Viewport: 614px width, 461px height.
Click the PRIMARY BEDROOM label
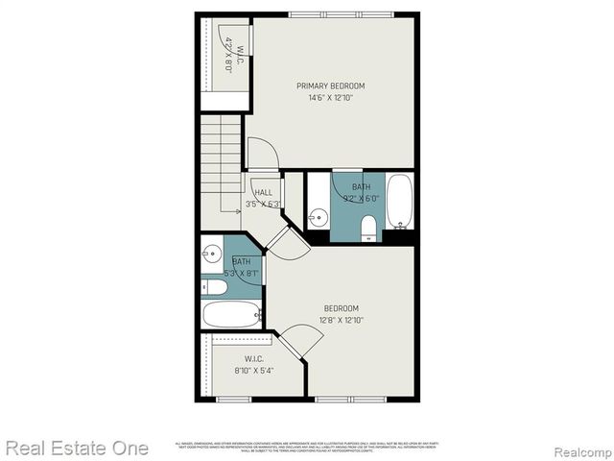coord(330,85)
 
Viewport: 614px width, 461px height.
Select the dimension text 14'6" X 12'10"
coord(330,97)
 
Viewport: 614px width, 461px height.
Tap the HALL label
coord(263,193)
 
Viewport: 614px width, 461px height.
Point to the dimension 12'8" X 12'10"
coord(342,320)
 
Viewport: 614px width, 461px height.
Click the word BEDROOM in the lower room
coord(342,308)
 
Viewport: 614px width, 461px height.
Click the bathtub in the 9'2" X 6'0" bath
coord(400,200)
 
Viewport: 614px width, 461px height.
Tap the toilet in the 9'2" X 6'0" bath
coord(368,227)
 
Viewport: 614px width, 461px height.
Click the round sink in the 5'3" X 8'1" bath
coord(212,255)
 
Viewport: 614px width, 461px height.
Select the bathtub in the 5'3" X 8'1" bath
coord(231,314)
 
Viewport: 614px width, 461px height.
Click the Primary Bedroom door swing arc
coord(263,154)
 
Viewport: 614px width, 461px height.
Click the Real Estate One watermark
coord(77,448)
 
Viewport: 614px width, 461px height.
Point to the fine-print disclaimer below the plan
coord(307,448)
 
